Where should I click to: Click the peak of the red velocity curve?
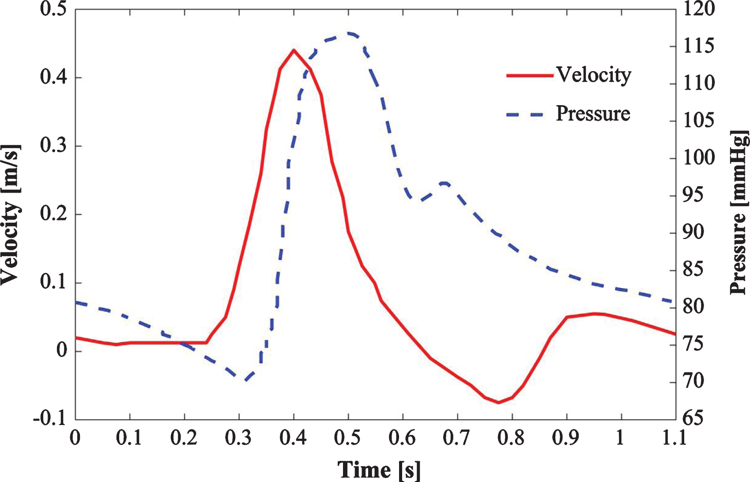click(294, 50)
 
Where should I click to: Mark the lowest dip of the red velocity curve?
click(498, 402)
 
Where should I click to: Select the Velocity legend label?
click(594, 75)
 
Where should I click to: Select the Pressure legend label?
click(593, 113)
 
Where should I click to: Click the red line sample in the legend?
click(530, 76)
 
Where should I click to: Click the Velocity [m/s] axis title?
click(11, 215)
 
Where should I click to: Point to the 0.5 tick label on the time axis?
click(348, 438)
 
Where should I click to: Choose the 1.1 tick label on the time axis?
click(675, 438)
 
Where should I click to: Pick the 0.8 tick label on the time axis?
click(512, 438)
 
